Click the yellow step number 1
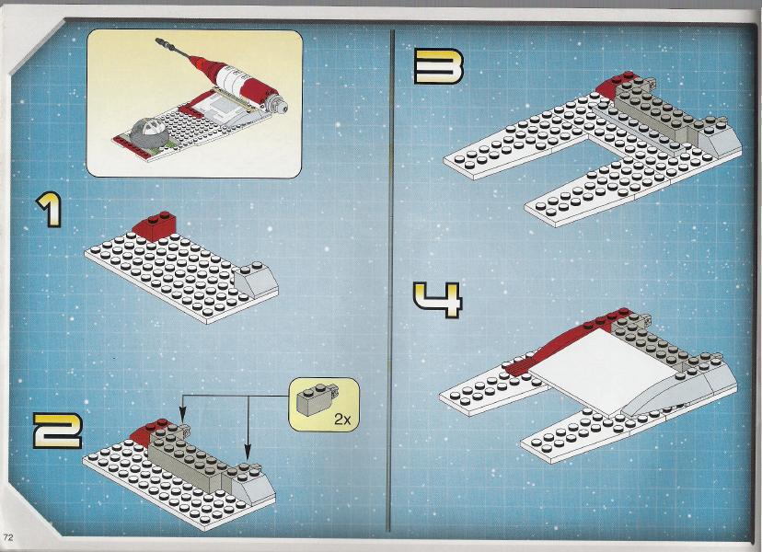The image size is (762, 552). (49, 210)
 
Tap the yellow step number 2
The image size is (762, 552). (57, 431)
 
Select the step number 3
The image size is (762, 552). (438, 66)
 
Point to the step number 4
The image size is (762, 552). (437, 300)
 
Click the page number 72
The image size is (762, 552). (7, 537)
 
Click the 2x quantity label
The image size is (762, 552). (342, 420)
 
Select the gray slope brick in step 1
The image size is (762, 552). (255, 280)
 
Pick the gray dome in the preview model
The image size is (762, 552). (149, 131)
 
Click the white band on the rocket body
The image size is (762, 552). (232, 79)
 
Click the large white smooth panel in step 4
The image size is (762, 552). (599, 370)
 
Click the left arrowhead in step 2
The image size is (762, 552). (183, 416)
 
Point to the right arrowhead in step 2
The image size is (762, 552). (247, 453)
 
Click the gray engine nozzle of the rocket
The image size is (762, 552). (278, 103)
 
